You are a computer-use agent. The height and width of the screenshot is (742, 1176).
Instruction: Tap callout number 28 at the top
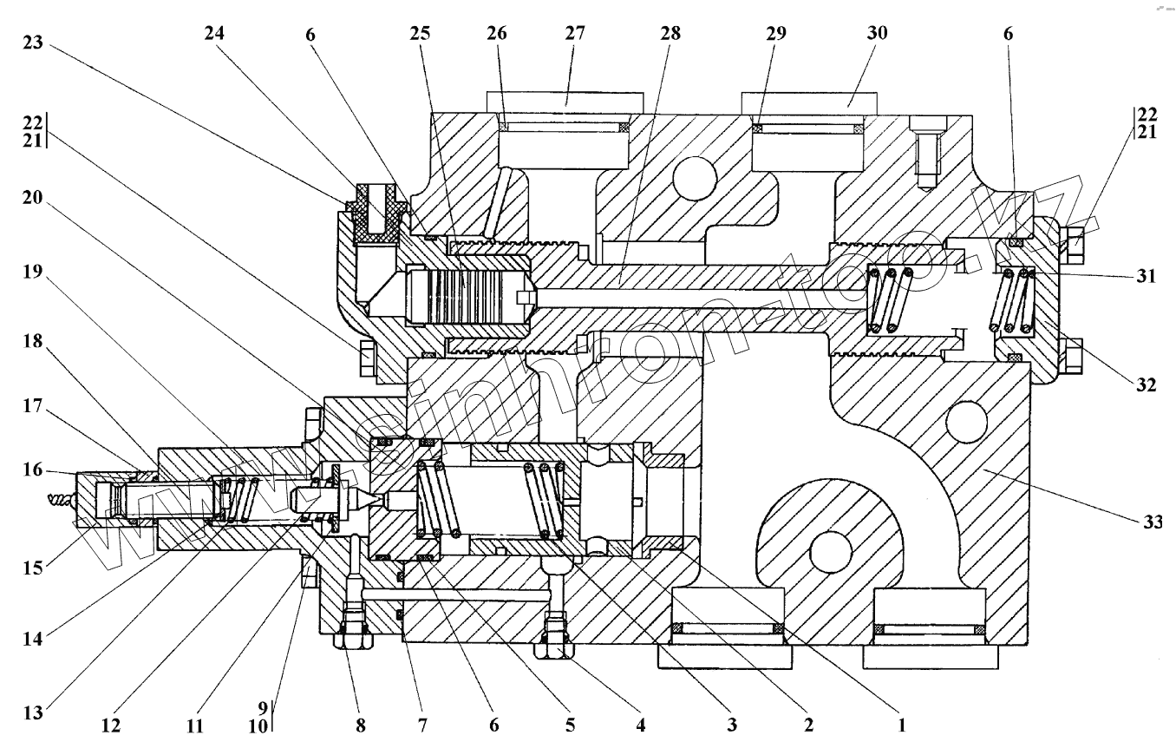[670, 34]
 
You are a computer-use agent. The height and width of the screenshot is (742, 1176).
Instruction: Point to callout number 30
[878, 34]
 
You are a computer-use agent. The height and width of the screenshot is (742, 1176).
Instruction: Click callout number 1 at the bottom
[902, 722]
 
